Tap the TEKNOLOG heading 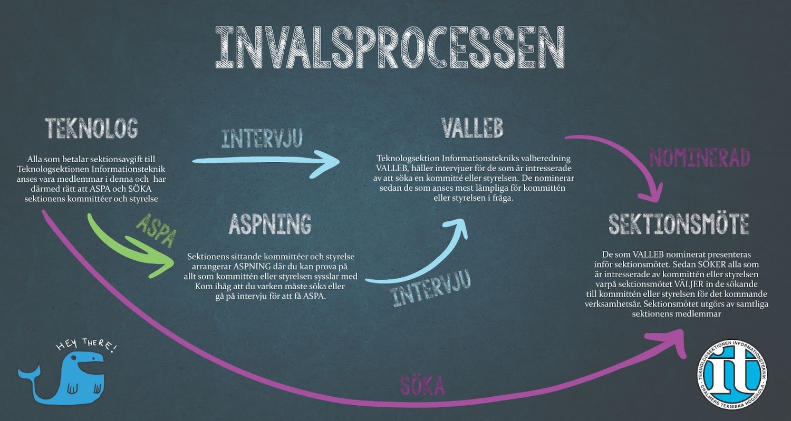click(91, 128)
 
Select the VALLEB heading click(472, 128)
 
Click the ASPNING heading click(270, 224)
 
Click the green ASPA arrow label click(156, 230)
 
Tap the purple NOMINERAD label click(699, 158)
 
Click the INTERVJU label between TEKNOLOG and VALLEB click(262, 139)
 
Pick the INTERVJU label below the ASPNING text click(432, 289)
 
